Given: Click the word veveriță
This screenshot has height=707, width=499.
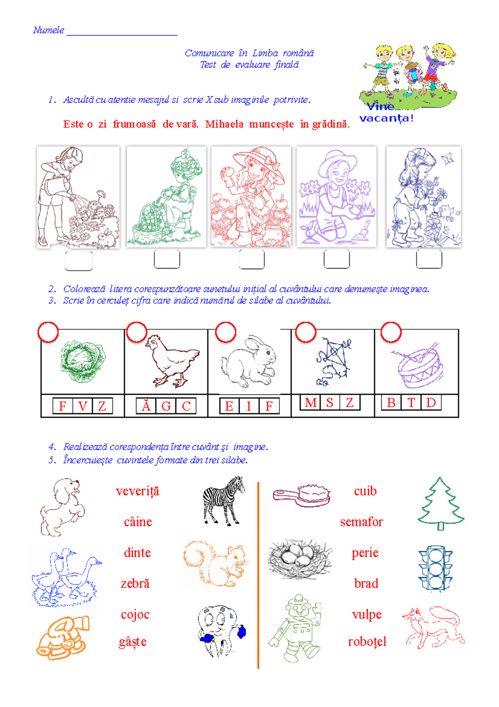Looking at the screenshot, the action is point(138,491).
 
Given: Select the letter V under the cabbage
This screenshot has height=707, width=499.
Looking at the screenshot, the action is point(83,406).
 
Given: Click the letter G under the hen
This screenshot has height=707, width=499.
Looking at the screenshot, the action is point(166,406).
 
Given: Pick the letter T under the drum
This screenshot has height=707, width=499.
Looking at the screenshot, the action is point(411,403).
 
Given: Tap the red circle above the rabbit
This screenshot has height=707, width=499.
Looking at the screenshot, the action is point(226,332).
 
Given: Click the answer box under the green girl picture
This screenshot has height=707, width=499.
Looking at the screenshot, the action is point(167,259).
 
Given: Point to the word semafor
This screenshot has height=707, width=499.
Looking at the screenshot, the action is point(361,522).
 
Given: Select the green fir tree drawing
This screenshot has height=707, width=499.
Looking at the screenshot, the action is point(441,504).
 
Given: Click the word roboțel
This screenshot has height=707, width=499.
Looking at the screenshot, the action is point(367,642).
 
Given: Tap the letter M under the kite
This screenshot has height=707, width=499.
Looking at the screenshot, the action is point(310,403).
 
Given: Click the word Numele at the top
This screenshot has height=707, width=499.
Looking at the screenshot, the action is point(49,30).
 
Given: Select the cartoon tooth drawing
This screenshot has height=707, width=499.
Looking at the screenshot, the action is point(221,631).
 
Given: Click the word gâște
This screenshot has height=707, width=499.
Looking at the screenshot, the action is point(133,642).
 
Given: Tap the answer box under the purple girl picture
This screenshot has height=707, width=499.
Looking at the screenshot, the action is point(337,259).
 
